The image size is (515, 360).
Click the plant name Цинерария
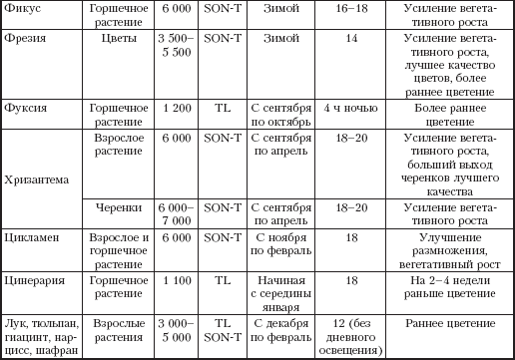[35, 281]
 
